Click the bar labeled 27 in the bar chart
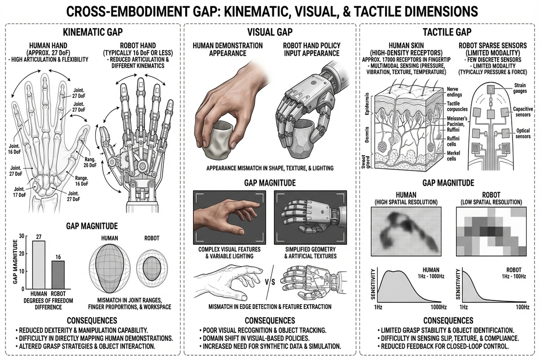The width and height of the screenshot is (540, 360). tap(39, 264)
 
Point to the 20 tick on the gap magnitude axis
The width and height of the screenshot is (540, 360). tap(22, 253)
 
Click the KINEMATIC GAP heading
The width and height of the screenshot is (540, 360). tap(93, 32)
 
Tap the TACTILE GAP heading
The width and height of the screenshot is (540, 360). tap(447, 32)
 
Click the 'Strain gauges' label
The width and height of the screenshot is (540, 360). tap(520, 88)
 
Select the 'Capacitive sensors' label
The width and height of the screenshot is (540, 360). tap(523, 112)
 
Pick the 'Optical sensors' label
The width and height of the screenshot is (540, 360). tap(523, 133)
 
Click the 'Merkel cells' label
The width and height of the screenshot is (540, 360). tap(453, 156)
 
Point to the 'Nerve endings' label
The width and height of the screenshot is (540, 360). tap(454, 92)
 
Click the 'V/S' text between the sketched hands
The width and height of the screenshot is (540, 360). tap(270, 282)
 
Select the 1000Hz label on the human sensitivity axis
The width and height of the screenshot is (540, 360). tap(438, 307)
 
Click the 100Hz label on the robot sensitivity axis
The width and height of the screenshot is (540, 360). tap(522, 307)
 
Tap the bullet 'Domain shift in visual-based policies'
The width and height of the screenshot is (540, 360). tap(256, 338)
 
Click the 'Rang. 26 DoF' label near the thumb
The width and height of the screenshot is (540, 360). tap(90, 162)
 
